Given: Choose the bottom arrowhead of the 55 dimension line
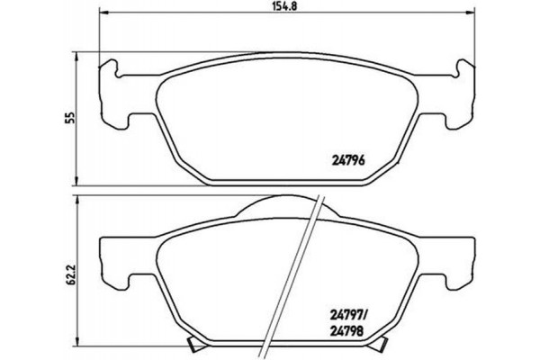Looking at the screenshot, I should tap(76, 178).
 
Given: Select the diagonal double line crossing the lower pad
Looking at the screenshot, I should tap(301, 270).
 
